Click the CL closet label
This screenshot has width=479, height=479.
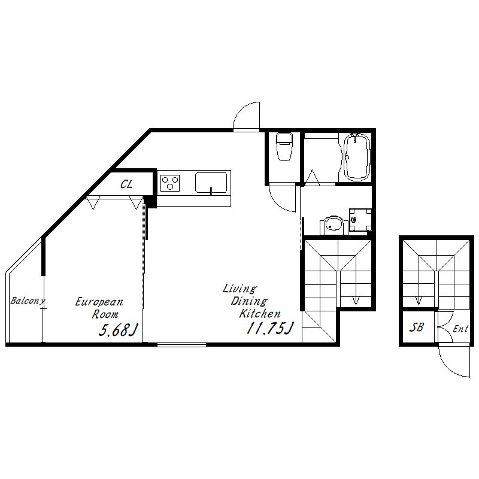click(x=126, y=184)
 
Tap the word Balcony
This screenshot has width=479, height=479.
click(x=28, y=301)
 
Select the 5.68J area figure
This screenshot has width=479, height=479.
click(x=118, y=330)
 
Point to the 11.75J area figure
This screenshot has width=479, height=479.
click(x=270, y=328)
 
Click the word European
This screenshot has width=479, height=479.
click(x=99, y=302)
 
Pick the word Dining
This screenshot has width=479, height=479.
click(x=249, y=301)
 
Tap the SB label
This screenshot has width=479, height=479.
click(x=416, y=328)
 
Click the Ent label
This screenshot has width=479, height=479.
click(x=460, y=329)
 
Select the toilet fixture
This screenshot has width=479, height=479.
click(x=284, y=147)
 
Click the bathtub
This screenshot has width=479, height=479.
click(x=357, y=157)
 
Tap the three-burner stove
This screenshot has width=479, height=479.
click(x=170, y=183)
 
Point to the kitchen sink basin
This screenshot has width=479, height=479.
click(x=211, y=183)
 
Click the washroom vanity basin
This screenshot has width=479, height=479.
click(x=334, y=226)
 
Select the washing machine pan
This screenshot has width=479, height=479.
click(x=360, y=220)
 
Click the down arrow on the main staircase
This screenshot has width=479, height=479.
click(x=356, y=300)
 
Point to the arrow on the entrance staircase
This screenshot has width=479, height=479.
click(x=419, y=300)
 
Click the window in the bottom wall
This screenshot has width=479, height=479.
click(x=182, y=345)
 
